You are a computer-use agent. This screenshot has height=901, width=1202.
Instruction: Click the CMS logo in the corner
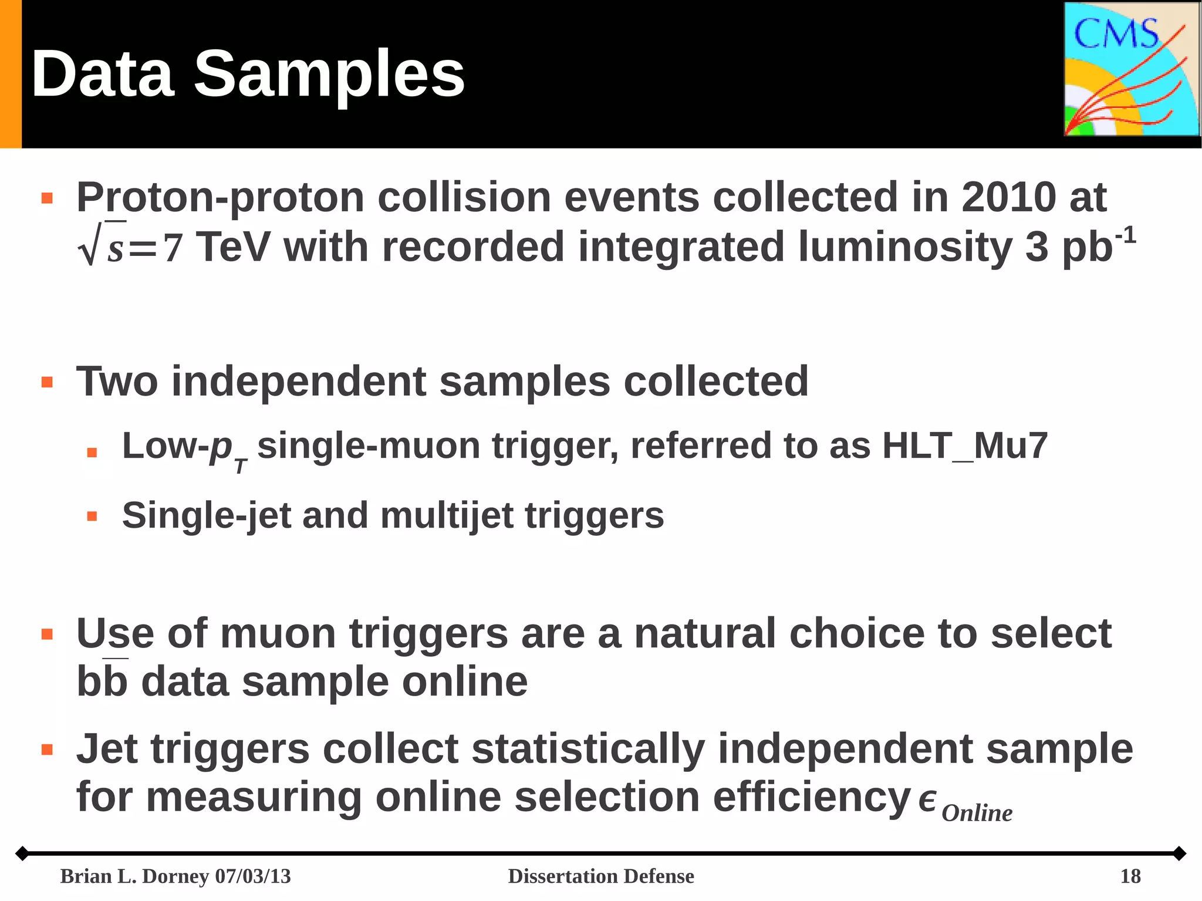coord(1132,69)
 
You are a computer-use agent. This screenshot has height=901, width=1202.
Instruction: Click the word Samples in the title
coord(329,75)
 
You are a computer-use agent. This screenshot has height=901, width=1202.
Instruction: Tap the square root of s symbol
coord(101,245)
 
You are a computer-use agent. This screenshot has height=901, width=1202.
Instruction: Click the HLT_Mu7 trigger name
coord(965,446)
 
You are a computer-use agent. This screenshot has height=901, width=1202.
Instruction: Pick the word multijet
coord(447,515)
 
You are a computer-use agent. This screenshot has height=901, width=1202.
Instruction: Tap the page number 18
coord(1130,876)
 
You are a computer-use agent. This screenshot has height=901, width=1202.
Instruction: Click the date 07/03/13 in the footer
coord(253,876)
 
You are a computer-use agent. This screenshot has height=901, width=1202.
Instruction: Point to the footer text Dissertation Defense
coord(600,876)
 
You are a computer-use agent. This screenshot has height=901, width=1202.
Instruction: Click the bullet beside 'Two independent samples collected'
coord(48,383)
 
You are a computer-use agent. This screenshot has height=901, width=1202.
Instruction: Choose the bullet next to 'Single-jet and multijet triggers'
coord(92,517)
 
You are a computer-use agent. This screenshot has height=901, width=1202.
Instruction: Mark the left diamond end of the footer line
coord(22,853)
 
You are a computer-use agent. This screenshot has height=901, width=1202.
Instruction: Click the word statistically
coord(588,749)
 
